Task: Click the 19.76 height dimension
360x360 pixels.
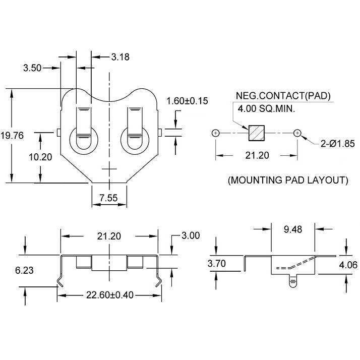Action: (x=12, y=136)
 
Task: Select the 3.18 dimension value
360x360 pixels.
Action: (x=121, y=57)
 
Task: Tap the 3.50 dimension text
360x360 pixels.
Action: (x=32, y=68)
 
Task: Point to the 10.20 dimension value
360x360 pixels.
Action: (x=40, y=157)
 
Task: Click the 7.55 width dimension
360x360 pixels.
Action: (x=108, y=198)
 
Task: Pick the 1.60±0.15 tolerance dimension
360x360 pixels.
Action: (x=187, y=101)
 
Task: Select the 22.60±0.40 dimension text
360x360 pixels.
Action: (x=110, y=295)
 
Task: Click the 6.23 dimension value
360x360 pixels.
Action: (x=24, y=270)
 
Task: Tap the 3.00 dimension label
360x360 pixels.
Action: (x=191, y=235)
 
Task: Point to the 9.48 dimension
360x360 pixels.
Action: (x=293, y=229)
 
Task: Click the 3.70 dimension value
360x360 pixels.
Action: (x=216, y=263)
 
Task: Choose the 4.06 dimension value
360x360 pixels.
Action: (x=348, y=265)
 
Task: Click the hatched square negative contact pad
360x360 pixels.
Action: (x=257, y=133)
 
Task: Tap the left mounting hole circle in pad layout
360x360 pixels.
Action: (x=216, y=133)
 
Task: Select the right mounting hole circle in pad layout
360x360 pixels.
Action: (x=297, y=133)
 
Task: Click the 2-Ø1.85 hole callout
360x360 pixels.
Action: (x=338, y=144)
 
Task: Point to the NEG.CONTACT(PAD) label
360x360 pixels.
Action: (x=283, y=96)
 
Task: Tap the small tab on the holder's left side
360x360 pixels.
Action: (x=59, y=133)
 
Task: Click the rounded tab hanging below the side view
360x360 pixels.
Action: (x=293, y=281)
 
